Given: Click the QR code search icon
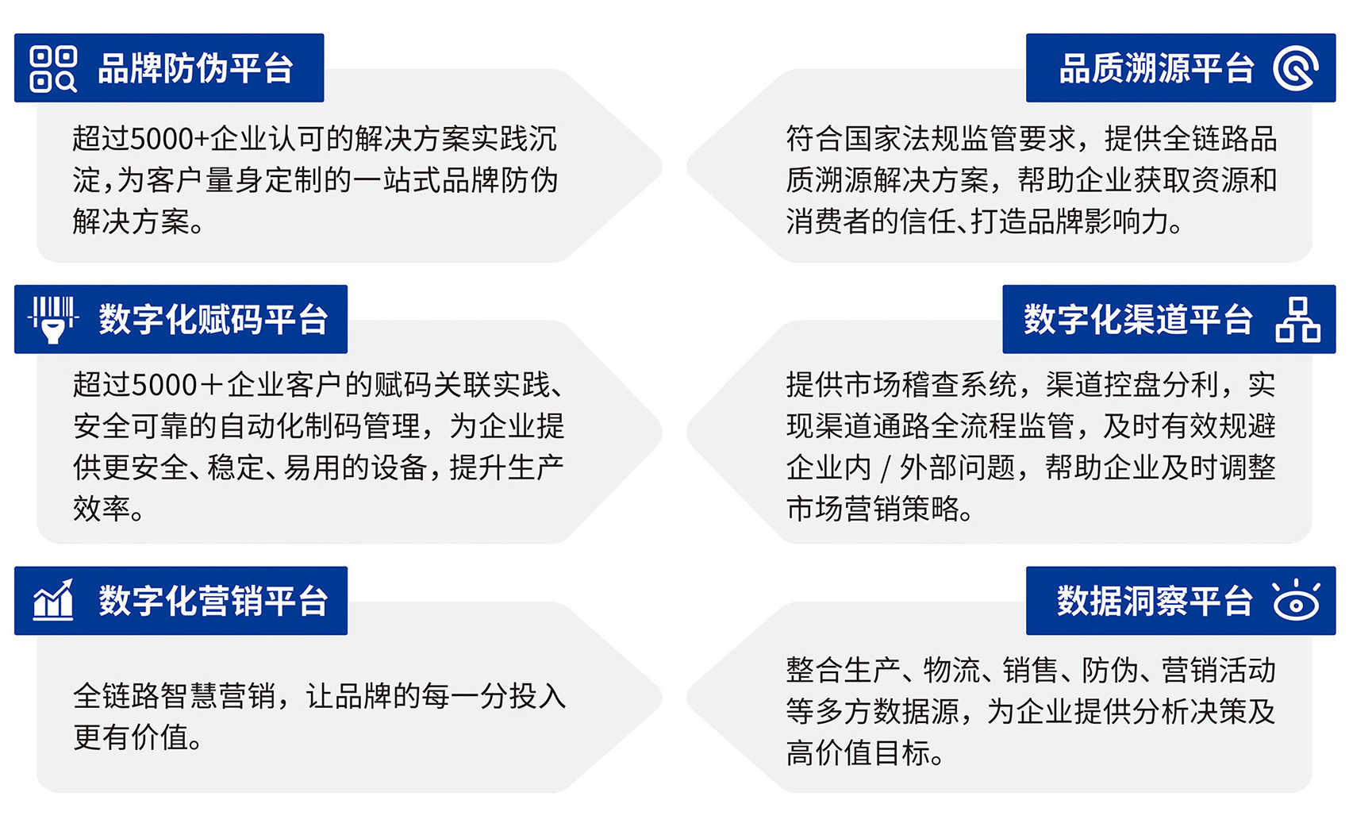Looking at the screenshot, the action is click(x=53, y=69).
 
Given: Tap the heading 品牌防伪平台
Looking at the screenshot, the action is click(x=196, y=68).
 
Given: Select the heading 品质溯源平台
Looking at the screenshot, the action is click(x=1156, y=68).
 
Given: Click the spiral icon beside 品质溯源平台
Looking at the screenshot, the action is click(x=1295, y=68).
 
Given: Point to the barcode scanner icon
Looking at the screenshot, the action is click(x=53, y=319).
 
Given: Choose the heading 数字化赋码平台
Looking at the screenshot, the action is click(x=213, y=319).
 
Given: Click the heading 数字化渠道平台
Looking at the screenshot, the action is click(x=1139, y=319).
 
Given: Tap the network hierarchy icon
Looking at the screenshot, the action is click(x=1297, y=320).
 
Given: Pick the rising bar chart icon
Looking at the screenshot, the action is click(x=53, y=600).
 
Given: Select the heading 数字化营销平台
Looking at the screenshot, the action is click(x=213, y=601).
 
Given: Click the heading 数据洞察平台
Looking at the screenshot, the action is click(x=1155, y=601).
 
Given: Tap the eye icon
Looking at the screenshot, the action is click(x=1297, y=601).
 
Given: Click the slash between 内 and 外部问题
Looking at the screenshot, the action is click(x=885, y=468).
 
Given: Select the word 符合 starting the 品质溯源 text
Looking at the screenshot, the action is click(x=814, y=139).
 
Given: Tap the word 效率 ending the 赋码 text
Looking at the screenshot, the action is click(x=102, y=509).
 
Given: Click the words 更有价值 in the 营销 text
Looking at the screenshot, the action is click(x=130, y=738).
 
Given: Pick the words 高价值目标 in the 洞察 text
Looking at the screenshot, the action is click(x=858, y=753).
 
